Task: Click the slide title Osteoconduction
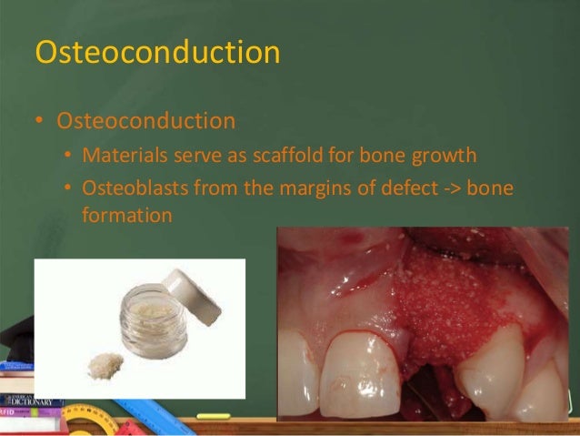coord(156,52)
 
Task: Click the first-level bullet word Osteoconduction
coord(145,121)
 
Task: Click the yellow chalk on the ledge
coord(215,416)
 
